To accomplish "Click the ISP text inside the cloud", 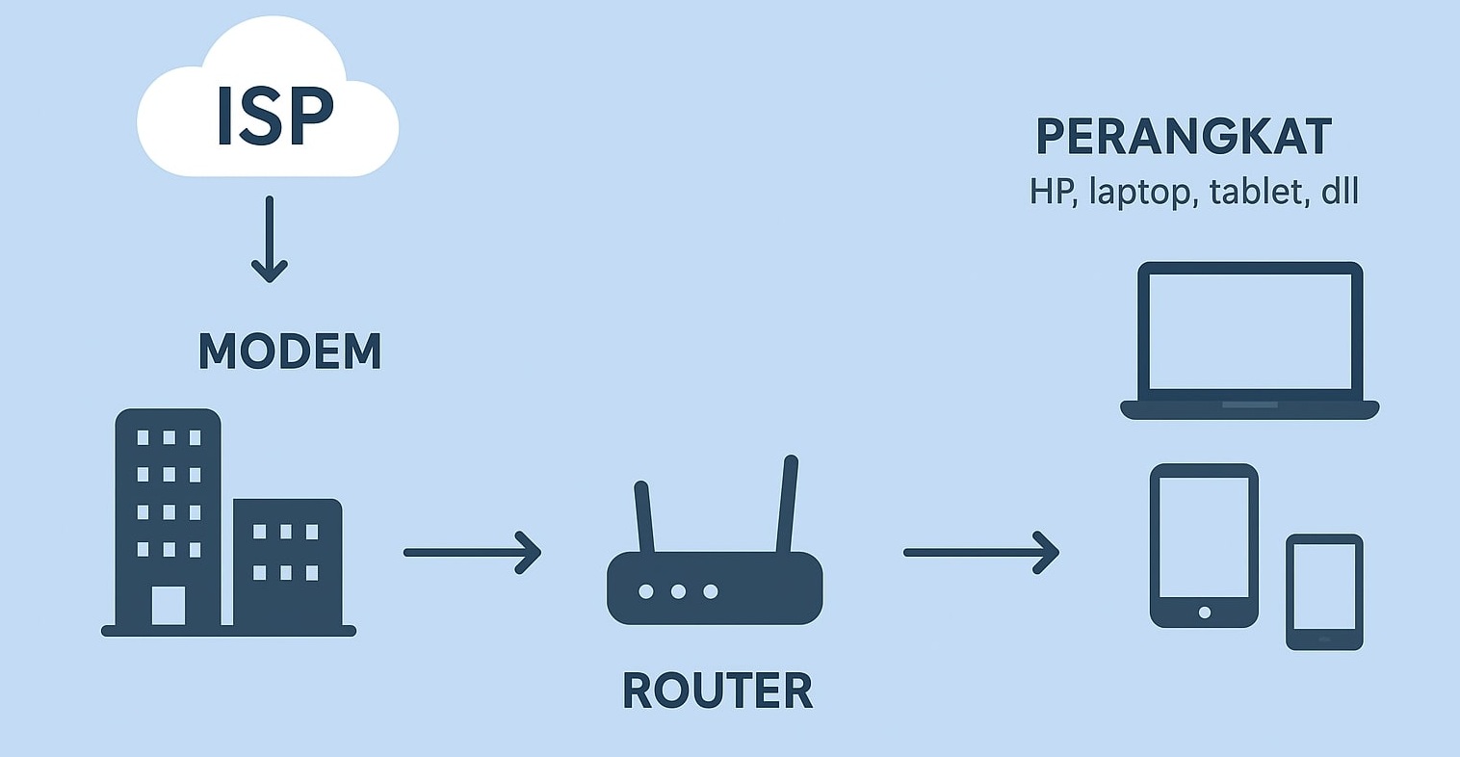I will (274, 117).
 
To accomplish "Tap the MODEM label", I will (290, 352).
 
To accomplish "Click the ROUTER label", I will (717, 691).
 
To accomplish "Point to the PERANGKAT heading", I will (1184, 137).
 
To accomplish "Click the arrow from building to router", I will (472, 552).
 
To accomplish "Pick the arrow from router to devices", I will (980, 552).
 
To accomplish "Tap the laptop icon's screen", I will (1250, 330).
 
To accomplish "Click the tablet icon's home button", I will (1204, 613).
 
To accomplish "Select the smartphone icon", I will (1324, 591).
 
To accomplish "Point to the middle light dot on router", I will (678, 591).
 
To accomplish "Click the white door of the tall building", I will (169, 606).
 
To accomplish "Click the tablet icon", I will (1204, 545).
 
